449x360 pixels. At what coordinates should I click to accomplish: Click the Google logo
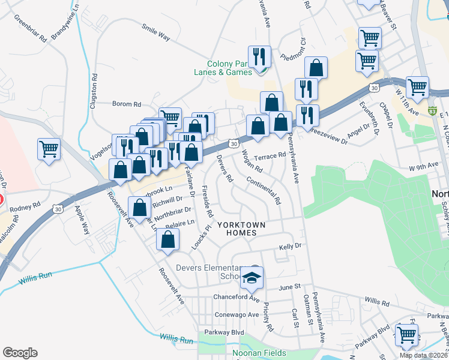pyautogui.click(x=20, y=353)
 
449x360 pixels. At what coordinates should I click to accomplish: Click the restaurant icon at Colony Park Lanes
pyautogui.click(x=259, y=57)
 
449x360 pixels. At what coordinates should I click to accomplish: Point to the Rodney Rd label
pyautogui.click(x=24, y=205)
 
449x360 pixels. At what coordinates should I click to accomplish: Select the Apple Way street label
pyautogui.click(x=80, y=220)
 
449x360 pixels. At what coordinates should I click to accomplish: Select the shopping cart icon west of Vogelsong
pyautogui.click(x=49, y=149)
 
